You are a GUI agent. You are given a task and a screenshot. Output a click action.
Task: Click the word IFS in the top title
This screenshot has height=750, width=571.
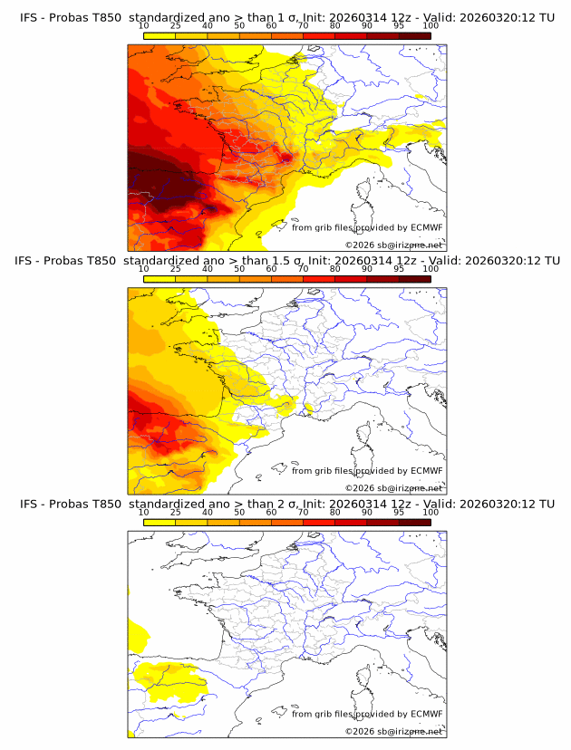[31, 18]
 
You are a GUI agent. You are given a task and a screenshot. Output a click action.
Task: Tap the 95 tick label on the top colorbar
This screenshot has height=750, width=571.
[399, 26]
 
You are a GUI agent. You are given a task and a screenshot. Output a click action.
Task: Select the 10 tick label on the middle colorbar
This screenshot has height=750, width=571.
[143, 269]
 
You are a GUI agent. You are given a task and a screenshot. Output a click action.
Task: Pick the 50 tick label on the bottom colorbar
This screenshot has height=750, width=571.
[239, 512]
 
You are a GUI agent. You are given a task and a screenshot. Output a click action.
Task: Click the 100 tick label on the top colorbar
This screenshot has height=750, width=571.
[431, 26]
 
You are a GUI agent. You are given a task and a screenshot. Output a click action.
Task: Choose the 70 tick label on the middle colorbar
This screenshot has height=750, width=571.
[303, 269]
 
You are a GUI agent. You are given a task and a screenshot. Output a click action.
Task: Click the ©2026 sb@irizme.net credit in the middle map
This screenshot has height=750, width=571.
[393, 487]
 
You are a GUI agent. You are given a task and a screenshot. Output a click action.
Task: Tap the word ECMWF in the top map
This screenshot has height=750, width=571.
[426, 228]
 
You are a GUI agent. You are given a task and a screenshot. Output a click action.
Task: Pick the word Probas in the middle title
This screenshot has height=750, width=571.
[73, 261]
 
